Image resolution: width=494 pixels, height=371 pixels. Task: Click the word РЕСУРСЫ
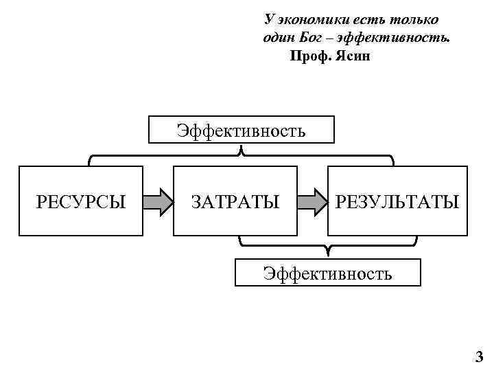pyautogui.click(x=81, y=202)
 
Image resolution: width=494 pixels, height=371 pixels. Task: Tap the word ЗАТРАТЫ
pyautogui.click(x=235, y=202)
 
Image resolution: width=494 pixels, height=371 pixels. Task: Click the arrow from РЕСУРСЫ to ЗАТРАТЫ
pyautogui.click(x=158, y=202)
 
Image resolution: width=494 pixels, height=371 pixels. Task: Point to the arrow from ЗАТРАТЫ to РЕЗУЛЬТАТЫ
pyautogui.click(x=312, y=202)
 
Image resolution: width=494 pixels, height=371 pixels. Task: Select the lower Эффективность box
pyautogui.click(x=328, y=273)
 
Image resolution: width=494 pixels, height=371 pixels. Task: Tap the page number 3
pyautogui.click(x=479, y=357)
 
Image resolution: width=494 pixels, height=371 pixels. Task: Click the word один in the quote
pyautogui.click(x=277, y=38)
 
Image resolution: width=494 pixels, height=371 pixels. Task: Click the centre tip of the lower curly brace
pyautogui.click(x=328, y=250)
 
